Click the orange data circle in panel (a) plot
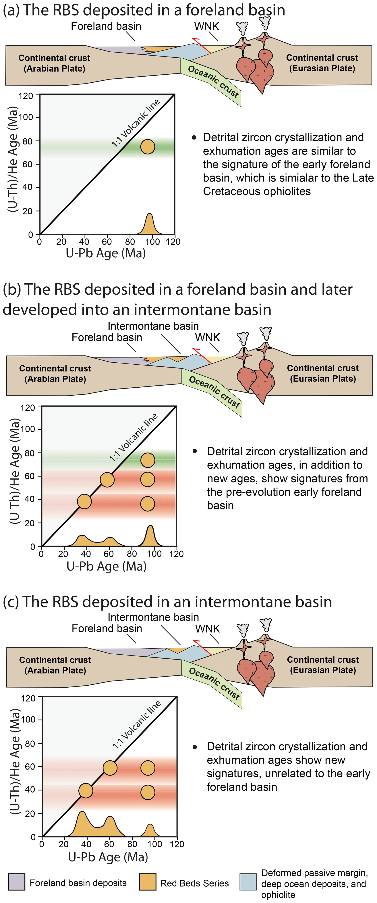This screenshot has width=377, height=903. pyautogui.click(x=148, y=146)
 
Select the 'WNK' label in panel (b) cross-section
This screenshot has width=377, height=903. pyautogui.click(x=207, y=338)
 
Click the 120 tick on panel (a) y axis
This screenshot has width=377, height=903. pyautogui.click(x=26, y=96)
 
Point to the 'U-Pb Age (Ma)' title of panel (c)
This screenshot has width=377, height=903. pyautogui.click(x=108, y=857)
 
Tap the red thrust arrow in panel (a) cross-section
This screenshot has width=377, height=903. pyautogui.click(x=201, y=45)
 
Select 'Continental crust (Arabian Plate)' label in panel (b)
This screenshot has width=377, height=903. pyautogui.click(x=55, y=374)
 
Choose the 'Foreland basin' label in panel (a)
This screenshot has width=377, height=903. pyautogui.click(x=106, y=26)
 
